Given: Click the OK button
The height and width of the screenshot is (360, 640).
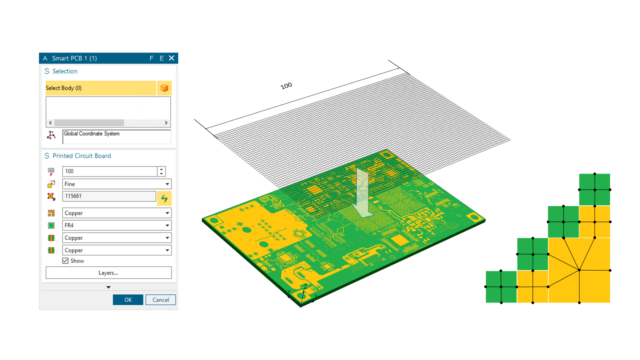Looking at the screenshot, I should click(128, 300).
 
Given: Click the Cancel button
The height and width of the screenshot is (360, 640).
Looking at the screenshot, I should click(160, 300).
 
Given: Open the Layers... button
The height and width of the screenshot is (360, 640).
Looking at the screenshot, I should click(108, 273).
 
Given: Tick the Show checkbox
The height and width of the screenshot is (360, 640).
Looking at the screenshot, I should click(65, 261).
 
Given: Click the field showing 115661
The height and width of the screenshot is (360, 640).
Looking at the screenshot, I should click(109, 196).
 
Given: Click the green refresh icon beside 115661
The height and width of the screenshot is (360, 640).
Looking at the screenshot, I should click(164, 198).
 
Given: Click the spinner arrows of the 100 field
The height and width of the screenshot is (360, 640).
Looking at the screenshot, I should click(161, 171).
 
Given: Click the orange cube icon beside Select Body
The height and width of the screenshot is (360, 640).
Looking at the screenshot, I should click(164, 88).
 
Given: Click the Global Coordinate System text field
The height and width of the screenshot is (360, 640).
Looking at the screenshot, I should click(117, 137).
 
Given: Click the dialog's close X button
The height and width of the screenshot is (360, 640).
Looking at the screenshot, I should click(172, 58).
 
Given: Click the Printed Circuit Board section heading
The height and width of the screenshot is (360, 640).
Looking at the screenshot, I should click(82, 156).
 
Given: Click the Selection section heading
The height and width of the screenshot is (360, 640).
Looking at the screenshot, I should click(65, 71).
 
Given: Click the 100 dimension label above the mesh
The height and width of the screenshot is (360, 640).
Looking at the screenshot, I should click(286, 86).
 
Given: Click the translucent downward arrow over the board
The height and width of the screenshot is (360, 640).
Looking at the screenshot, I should click(362, 194).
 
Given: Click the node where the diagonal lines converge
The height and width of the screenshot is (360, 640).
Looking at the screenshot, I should click(579, 270).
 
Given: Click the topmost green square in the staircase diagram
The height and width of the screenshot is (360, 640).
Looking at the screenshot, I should click(594, 189).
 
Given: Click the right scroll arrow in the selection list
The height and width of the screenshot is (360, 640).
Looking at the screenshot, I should click(166, 123).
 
